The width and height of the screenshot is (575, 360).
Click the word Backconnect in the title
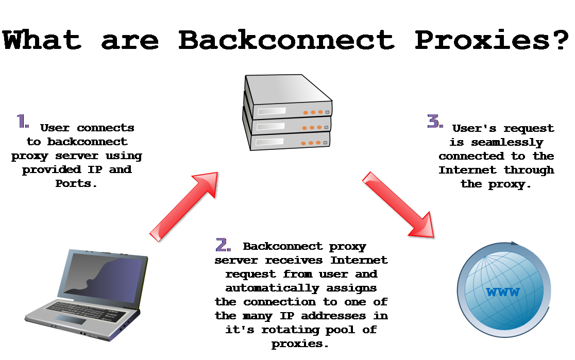(286, 40)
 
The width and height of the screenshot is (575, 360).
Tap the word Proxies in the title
(483, 40)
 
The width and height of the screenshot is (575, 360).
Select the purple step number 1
(23, 121)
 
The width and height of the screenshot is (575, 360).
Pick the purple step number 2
(223, 245)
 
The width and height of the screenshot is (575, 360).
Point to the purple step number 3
(435, 121)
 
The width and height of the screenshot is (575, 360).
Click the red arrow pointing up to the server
(184, 207)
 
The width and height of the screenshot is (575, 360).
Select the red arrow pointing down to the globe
(398, 204)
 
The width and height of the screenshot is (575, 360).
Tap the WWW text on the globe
(503, 292)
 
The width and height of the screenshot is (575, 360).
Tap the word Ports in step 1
(73, 183)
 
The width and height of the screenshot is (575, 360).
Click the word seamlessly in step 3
(507, 142)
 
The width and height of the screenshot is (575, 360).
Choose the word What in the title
(42, 40)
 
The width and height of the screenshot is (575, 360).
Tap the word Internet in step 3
(467, 170)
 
